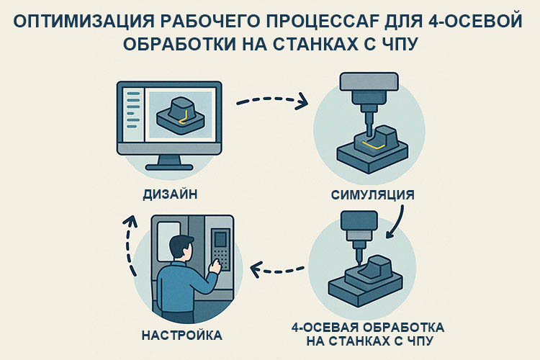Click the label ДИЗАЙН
(x=171, y=194)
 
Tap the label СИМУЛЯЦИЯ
(x=373, y=195)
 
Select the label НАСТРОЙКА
(x=182, y=336)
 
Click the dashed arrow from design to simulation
(x=271, y=99)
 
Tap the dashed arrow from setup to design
(x=131, y=244)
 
